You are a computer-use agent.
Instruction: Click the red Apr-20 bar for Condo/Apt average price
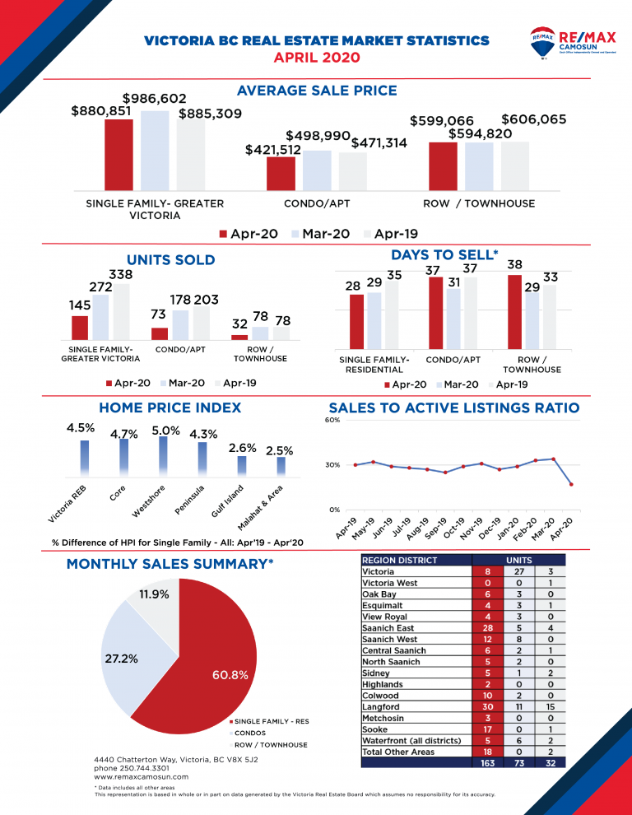click(x=281, y=173)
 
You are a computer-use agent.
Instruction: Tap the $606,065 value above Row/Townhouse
click(x=533, y=119)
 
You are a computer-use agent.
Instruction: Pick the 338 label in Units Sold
click(x=122, y=273)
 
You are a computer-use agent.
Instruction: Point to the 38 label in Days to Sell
click(x=515, y=265)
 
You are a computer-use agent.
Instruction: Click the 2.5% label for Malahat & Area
click(x=280, y=450)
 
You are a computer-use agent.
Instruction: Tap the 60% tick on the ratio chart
click(x=333, y=420)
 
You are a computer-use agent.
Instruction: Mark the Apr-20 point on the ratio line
click(x=571, y=484)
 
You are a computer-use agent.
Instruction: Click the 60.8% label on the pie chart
click(x=231, y=674)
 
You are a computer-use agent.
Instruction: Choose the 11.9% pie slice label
click(x=154, y=594)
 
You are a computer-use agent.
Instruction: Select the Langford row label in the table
click(x=380, y=706)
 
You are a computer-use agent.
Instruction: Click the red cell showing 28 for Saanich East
click(x=487, y=627)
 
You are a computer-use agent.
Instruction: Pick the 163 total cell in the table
click(x=487, y=763)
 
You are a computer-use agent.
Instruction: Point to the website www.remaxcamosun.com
click(x=141, y=776)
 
